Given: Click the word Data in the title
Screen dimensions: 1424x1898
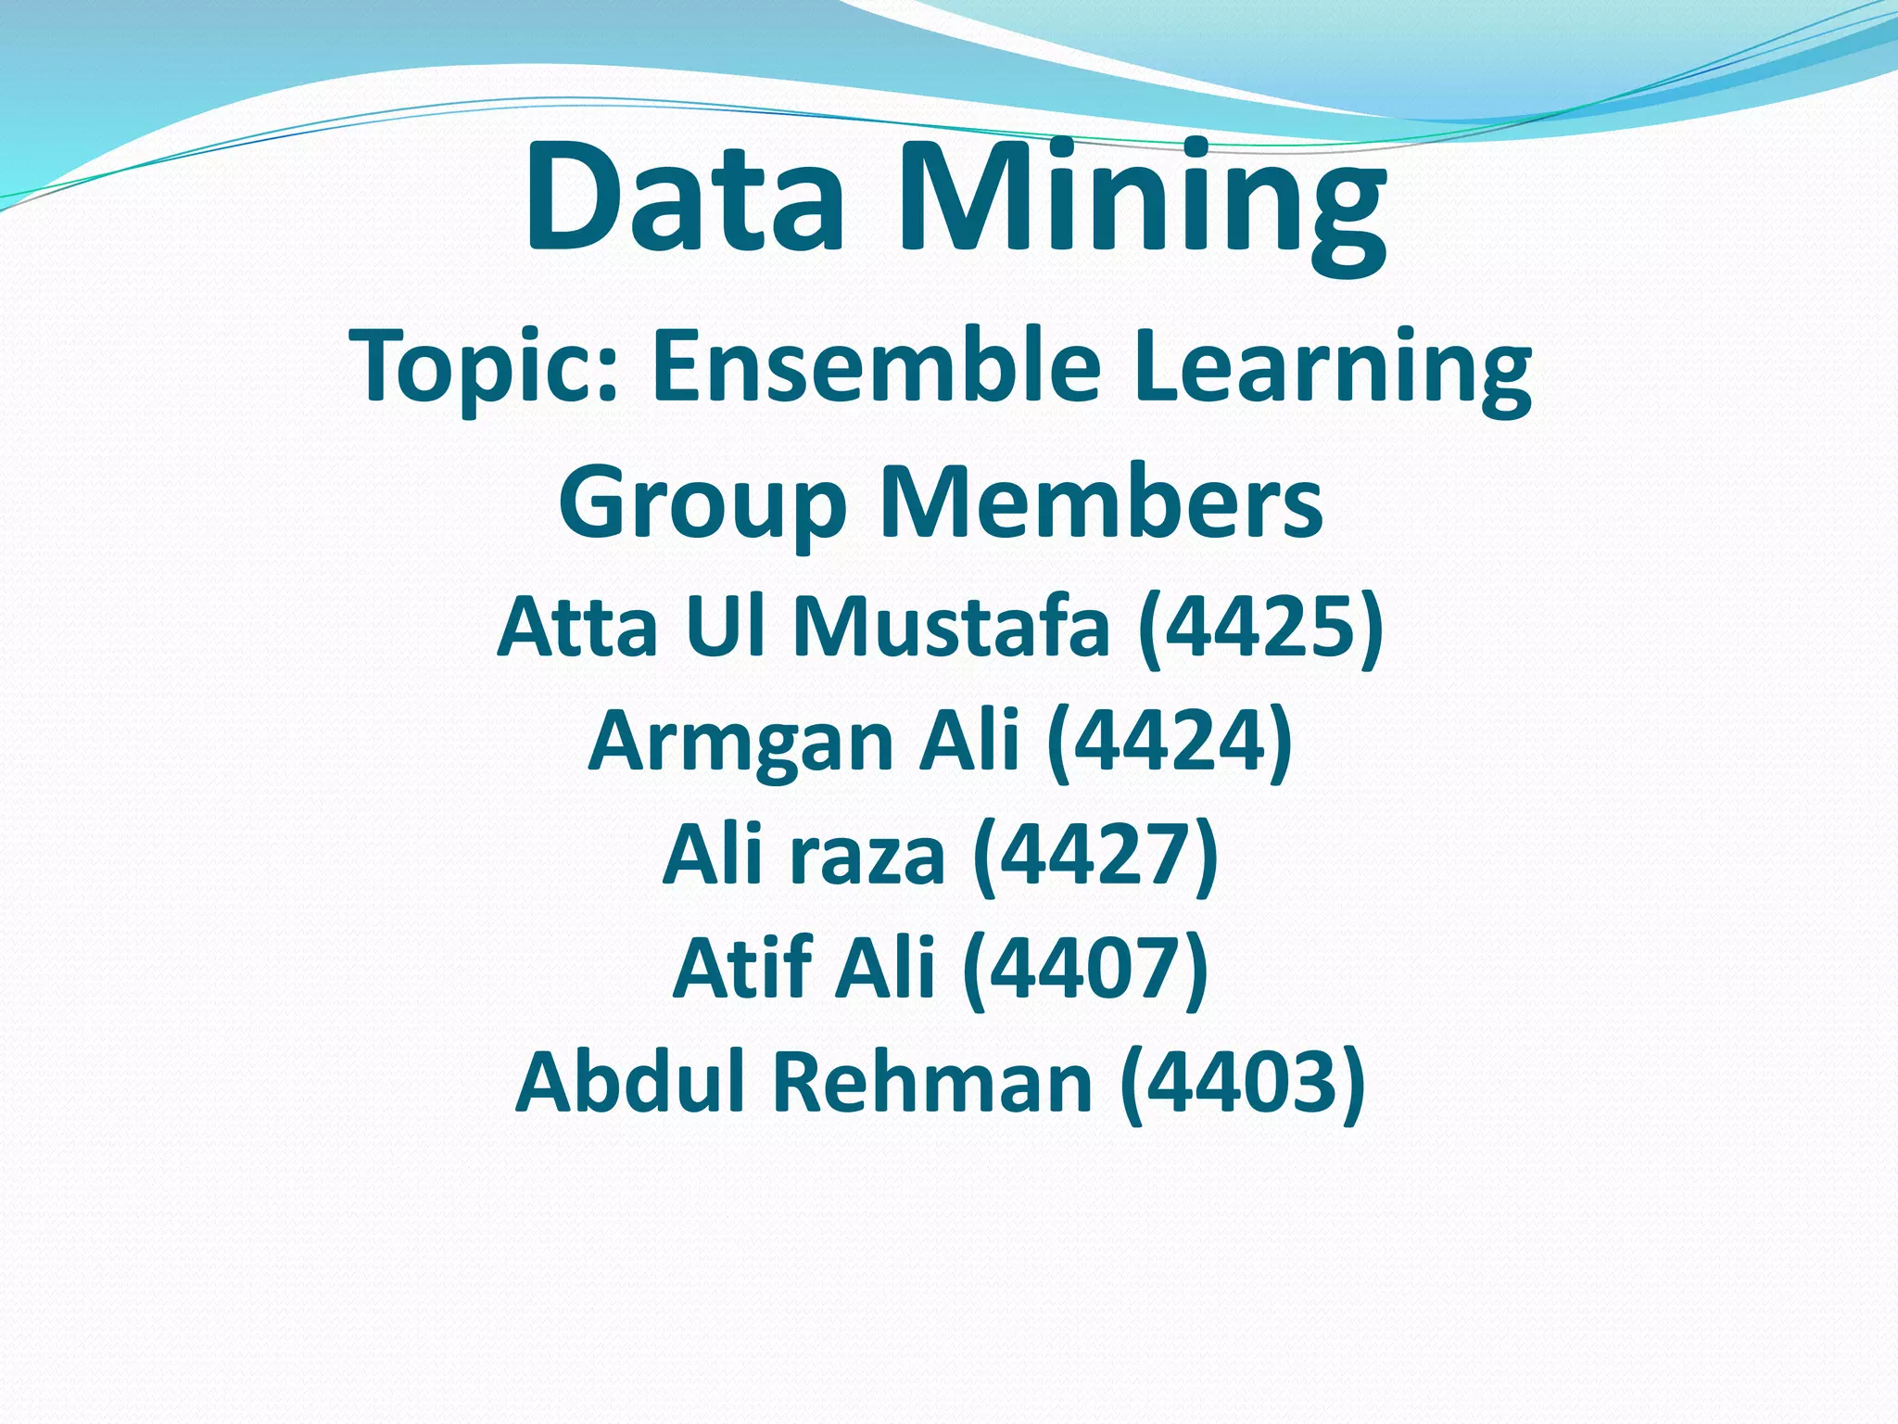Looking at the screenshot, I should pyautogui.click(x=684, y=197).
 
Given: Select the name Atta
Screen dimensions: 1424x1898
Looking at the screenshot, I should pyautogui.click(x=578, y=626).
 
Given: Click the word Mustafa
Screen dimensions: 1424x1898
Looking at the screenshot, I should pyautogui.click(x=951, y=626).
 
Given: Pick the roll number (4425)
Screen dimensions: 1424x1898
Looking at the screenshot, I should pyautogui.click(x=1260, y=628).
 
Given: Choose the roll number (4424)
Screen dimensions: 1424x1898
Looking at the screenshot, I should pyautogui.click(x=1170, y=741).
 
